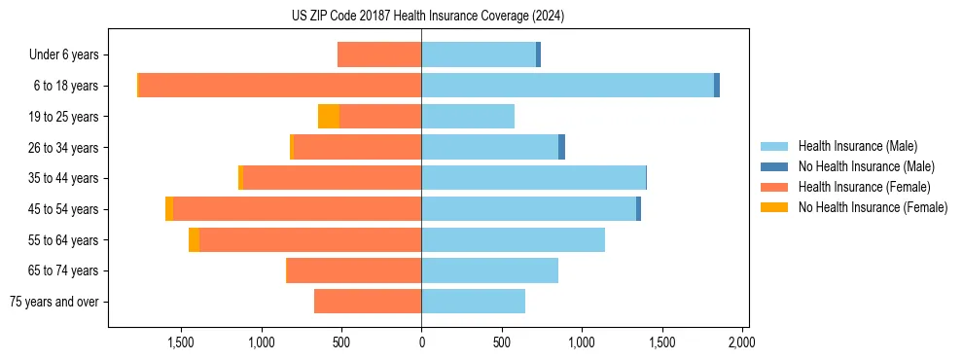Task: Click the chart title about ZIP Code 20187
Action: coord(428,17)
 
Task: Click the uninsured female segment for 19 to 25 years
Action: coord(329,117)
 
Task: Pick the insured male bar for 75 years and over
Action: coord(473,302)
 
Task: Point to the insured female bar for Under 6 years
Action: coord(379,54)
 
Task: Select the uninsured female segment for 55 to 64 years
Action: coord(194,240)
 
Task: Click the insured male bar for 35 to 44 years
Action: coord(533,178)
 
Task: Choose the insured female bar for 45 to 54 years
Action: coord(297,209)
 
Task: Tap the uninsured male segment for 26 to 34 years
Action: coord(561,147)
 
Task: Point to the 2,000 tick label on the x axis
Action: coord(741,342)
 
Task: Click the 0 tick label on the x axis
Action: coord(421,342)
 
